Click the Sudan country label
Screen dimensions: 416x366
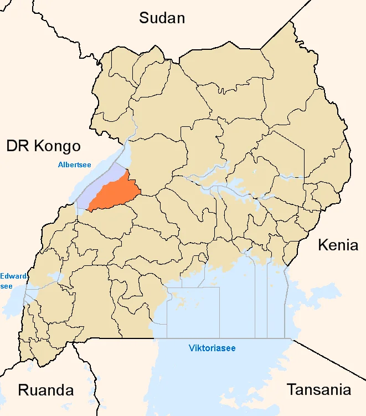point(162,18)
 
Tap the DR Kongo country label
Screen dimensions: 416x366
point(43,146)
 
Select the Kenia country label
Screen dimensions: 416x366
point(338,245)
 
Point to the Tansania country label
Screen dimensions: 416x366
point(318,389)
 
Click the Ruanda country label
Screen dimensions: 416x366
point(46,390)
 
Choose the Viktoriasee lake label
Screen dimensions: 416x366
point(212,348)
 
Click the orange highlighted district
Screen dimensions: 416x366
point(113,194)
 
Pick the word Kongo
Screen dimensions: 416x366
point(57,146)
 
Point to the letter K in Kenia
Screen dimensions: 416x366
point(322,245)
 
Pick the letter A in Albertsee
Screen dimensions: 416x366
point(60,165)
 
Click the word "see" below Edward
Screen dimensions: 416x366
point(6,286)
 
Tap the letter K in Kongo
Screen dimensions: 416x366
point(39,146)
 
